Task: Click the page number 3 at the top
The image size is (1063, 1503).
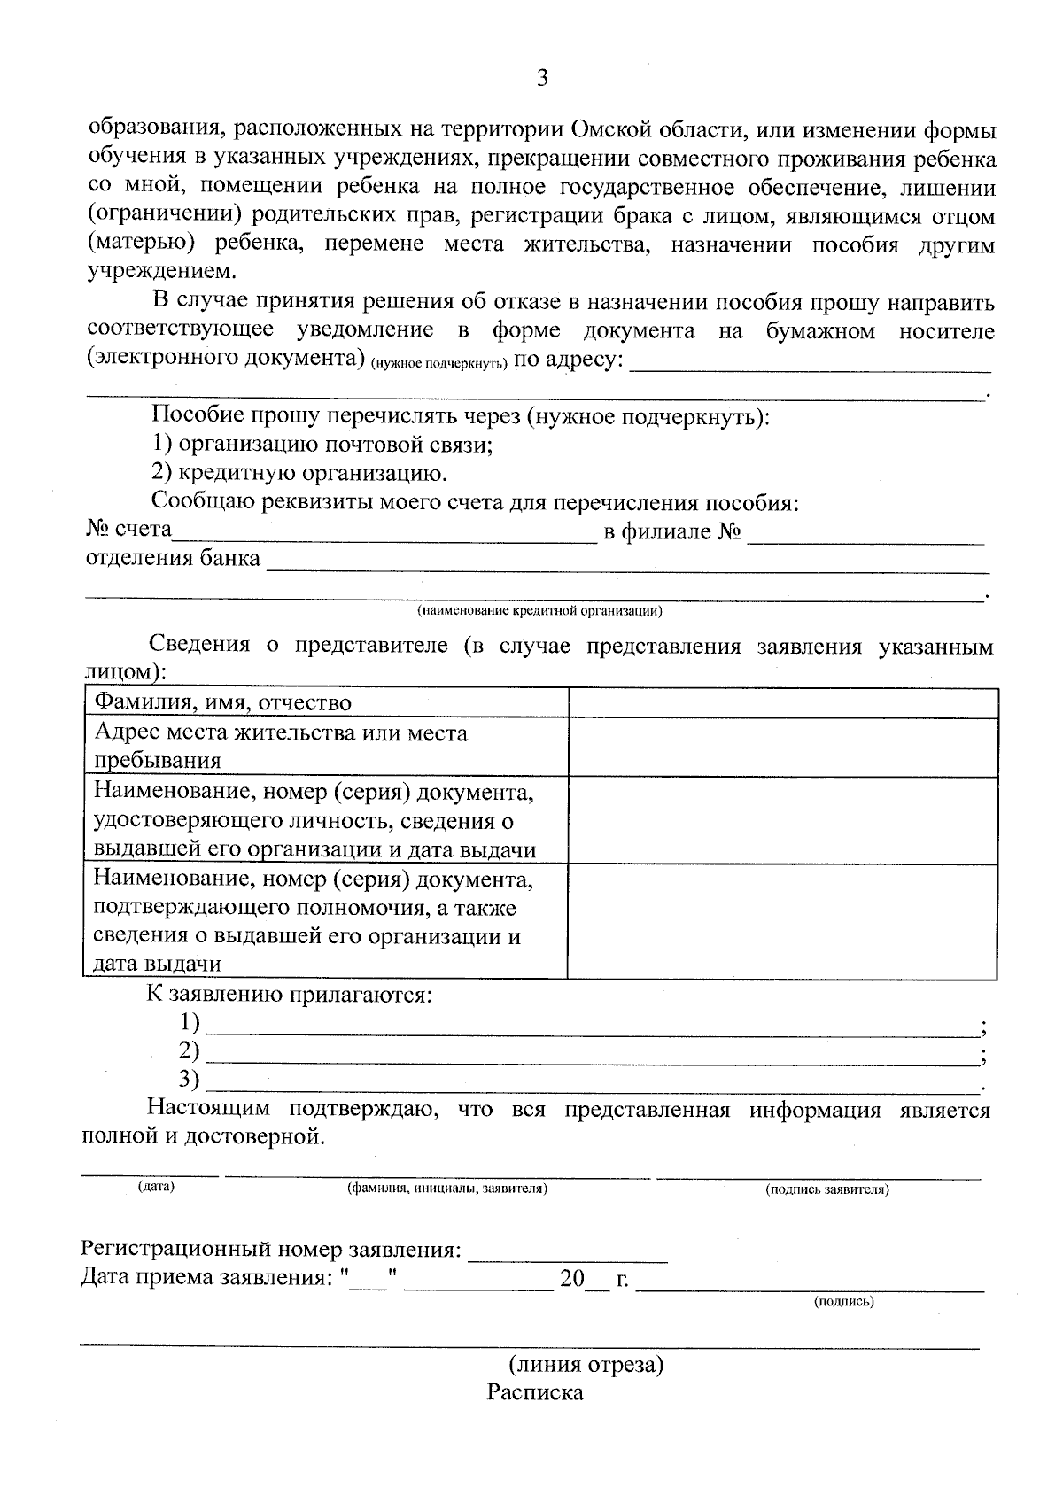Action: tap(542, 79)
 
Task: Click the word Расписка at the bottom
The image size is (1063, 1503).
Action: tap(535, 1393)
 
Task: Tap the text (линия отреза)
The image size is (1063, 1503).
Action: tap(586, 1364)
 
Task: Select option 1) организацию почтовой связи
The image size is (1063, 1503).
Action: tap(322, 445)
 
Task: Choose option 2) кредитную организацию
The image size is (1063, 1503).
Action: tap(299, 473)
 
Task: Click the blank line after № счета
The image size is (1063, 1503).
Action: tap(385, 533)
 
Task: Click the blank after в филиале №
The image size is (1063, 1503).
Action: tap(865, 533)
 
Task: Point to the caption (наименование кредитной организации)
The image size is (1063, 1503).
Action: tap(539, 611)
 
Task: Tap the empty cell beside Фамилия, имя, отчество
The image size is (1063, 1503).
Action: tap(783, 703)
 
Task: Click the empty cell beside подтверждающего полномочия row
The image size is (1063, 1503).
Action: tap(783, 921)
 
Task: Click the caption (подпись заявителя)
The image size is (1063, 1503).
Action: tap(826, 1189)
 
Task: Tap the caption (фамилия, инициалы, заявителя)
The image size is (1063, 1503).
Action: tap(447, 1189)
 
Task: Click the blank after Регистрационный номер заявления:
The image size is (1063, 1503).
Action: tap(567, 1252)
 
